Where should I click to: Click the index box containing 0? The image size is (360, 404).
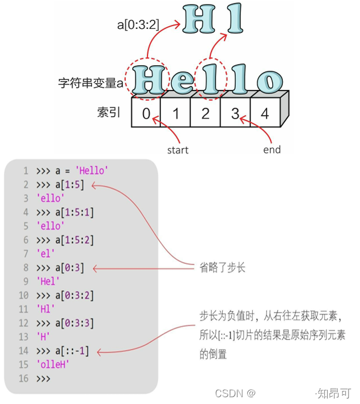pyautogui.click(x=146, y=113)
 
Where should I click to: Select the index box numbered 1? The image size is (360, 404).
pyautogui.click(x=176, y=113)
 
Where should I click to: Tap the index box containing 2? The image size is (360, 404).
pyautogui.click(x=205, y=113)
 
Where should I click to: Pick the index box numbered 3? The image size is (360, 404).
pyautogui.click(x=235, y=113)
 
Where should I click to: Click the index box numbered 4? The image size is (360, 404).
pyautogui.click(x=265, y=113)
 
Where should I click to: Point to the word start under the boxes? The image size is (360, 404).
pyautogui.click(x=177, y=150)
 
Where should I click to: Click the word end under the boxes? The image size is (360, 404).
pyautogui.click(x=272, y=150)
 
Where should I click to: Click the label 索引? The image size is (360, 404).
pyautogui.click(x=109, y=113)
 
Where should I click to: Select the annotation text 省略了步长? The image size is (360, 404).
pyautogui.click(x=222, y=267)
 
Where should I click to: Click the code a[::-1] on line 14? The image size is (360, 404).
pyautogui.click(x=71, y=351)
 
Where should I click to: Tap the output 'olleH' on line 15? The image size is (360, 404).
pyautogui.click(x=52, y=365)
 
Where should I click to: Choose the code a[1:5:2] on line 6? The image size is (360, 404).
pyautogui.click(x=74, y=240)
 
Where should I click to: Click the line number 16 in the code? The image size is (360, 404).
pyautogui.click(x=23, y=379)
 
